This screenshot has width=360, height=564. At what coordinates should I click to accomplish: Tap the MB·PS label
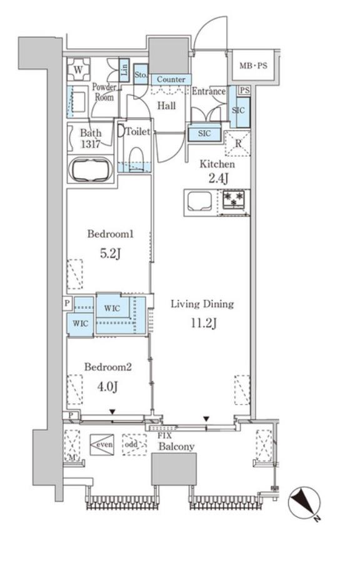tap(254, 66)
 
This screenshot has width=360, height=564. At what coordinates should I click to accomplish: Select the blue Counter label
tap(171, 79)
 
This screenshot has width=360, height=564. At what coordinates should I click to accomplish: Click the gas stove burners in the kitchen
tap(234, 199)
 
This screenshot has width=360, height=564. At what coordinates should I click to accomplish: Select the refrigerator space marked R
tap(237, 144)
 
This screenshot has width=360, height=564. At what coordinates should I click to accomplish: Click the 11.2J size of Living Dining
tap(204, 323)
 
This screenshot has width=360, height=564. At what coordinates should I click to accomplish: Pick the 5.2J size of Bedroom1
tap(110, 254)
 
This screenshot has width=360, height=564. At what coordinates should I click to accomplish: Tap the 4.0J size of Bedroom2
tap(107, 386)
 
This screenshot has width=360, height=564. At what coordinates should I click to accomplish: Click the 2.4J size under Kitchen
tap(217, 178)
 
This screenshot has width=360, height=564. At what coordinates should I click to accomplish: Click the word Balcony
tap(177, 446)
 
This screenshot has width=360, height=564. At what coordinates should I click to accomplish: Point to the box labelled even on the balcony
tap(102, 445)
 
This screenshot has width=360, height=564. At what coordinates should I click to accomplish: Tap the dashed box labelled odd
tap(134, 445)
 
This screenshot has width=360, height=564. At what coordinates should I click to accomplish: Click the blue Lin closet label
tap(124, 69)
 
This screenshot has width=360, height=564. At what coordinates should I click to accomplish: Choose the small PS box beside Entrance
tap(244, 90)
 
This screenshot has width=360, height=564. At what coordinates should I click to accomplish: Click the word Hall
tap(167, 106)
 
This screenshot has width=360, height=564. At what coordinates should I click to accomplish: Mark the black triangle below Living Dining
tap(206, 419)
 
